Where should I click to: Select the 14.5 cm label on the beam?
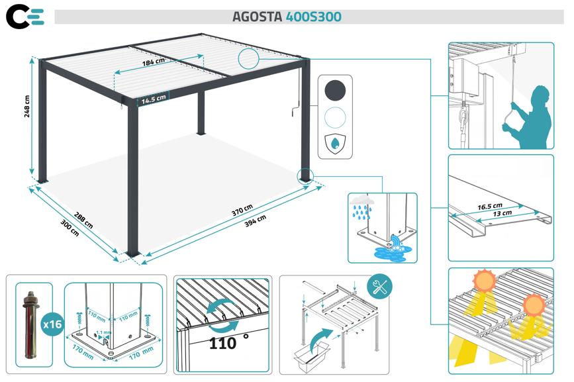pos(152,99)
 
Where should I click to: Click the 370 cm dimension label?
pos(242,209)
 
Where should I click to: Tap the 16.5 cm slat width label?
pos(489,206)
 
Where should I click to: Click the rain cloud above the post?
pos(363,201)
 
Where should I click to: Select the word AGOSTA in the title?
pos(257,17)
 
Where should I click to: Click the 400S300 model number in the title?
pos(314,17)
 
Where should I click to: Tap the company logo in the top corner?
pos(24,17)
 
